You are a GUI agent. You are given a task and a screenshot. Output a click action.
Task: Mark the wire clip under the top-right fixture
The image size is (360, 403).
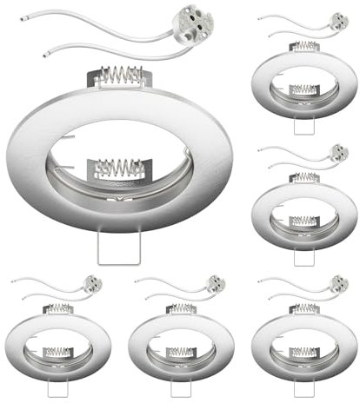pos(305,124)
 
